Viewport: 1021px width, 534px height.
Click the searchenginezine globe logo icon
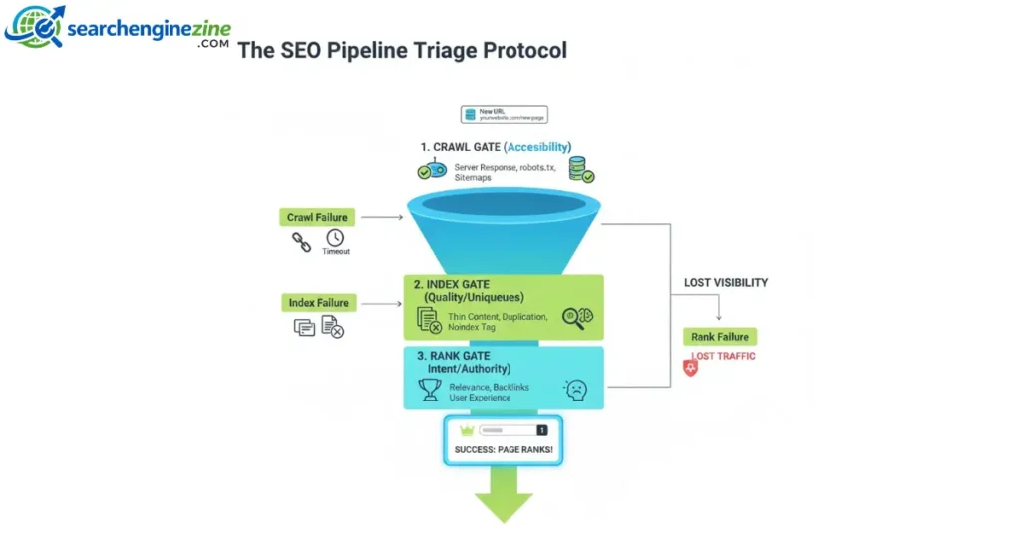tap(34, 26)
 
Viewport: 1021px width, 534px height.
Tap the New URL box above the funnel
tap(504, 114)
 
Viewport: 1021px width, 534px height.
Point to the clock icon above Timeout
tap(335, 238)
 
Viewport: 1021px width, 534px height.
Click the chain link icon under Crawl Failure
tap(301, 240)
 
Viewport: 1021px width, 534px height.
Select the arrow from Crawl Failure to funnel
tap(381, 216)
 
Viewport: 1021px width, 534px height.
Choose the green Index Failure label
tap(318, 302)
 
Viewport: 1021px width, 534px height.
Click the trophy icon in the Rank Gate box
tap(430, 389)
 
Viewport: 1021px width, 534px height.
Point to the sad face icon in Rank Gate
tap(575, 390)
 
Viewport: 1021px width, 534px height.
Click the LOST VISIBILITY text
tap(726, 282)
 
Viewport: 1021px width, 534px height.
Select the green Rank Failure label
tap(720, 337)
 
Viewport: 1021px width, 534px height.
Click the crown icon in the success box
tap(465, 430)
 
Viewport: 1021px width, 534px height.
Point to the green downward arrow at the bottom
tap(504, 498)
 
